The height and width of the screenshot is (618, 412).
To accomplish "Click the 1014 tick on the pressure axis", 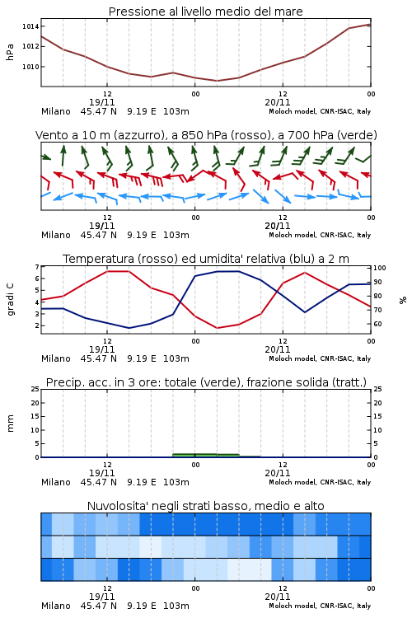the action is [30, 26].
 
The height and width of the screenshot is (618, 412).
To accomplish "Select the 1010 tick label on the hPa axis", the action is [30, 67].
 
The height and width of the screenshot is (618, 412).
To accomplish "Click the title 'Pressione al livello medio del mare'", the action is [206, 12].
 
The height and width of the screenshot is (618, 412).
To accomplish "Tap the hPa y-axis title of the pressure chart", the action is [10, 52].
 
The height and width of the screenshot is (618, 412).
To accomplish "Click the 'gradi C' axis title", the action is [11, 300].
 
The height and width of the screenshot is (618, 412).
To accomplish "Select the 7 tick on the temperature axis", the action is [37, 267].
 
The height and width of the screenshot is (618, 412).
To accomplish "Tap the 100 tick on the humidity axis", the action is [380, 268].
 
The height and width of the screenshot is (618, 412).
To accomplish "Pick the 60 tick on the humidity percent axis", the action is [377, 324].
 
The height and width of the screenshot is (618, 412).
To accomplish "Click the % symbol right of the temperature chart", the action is [403, 300].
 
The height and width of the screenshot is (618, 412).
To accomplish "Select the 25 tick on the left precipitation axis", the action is [35, 389].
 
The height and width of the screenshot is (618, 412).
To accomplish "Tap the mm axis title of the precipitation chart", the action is [11, 424].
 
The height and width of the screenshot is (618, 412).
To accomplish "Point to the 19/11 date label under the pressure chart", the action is [101, 102].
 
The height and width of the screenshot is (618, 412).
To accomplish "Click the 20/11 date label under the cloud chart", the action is [278, 597].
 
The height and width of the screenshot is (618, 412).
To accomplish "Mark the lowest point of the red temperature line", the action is [218, 328].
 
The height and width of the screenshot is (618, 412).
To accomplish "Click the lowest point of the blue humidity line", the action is [129, 328].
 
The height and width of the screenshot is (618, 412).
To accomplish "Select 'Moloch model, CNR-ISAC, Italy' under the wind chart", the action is [320, 235].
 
